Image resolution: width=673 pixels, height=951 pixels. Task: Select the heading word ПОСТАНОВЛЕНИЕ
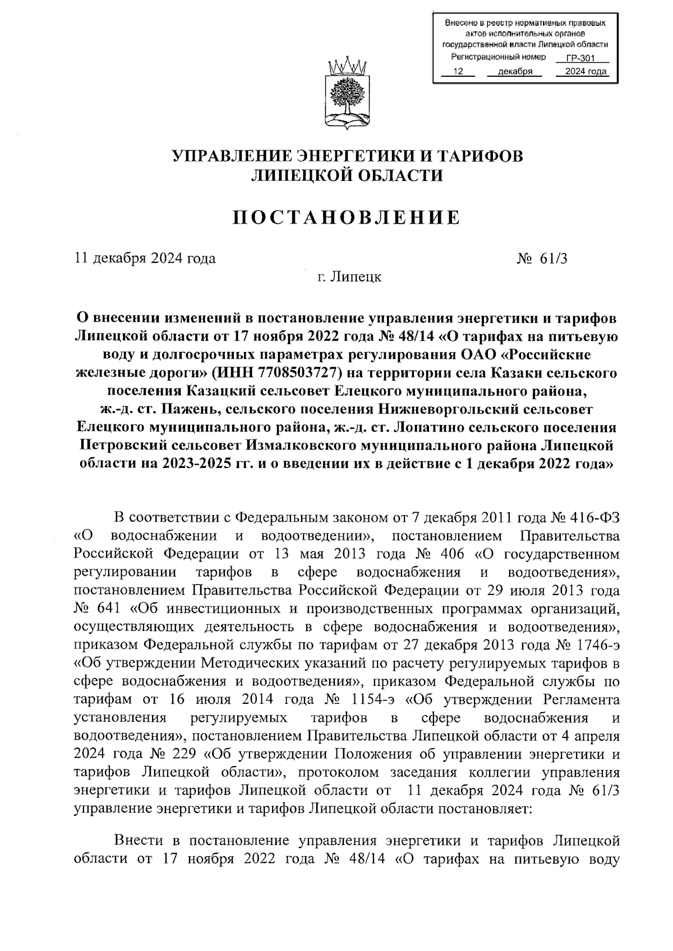346,217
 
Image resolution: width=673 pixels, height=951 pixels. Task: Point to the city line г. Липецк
348,277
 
